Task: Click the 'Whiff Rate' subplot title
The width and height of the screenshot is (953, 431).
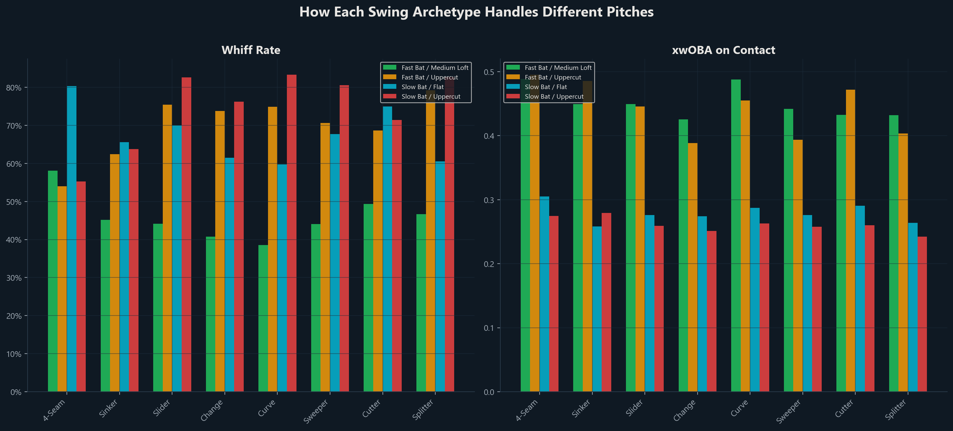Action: pyautogui.click(x=251, y=50)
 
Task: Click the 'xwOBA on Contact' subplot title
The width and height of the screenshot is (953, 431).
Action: pyautogui.click(x=723, y=50)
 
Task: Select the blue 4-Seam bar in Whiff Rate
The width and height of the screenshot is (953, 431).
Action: pyautogui.click(x=71, y=239)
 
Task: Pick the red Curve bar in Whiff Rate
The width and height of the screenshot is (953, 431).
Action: pyautogui.click(x=291, y=233)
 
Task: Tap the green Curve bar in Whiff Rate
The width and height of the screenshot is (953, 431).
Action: pyautogui.click(x=263, y=319)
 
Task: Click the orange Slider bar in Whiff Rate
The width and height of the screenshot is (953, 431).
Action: pyautogui.click(x=167, y=248)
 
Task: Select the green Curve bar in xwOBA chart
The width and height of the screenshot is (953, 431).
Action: pyautogui.click(x=736, y=235)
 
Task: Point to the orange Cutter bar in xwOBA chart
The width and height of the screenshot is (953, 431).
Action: pyautogui.click(x=850, y=241)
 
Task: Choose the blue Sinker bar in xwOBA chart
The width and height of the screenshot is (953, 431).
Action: pyautogui.click(x=597, y=309)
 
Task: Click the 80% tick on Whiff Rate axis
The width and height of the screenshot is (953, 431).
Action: pyautogui.click(x=14, y=88)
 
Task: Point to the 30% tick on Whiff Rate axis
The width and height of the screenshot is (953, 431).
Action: pyautogui.click(x=14, y=278)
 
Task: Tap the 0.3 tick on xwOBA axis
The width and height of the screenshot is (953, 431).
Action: pyautogui.click(x=489, y=200)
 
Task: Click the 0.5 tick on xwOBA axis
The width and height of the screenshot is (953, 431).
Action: pyautogui.click(x=489, y=72)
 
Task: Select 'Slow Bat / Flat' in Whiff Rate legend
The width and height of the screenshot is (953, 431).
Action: pyautogui.click(x=422, y=87)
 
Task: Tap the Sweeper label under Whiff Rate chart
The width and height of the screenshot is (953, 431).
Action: pyautogui.click(x=316, y=411)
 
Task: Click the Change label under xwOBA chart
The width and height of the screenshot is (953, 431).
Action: pyautogui.click(x=684, y=410)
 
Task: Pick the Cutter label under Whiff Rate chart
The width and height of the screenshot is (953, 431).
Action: pyautogui.click(x=371, y=409)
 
